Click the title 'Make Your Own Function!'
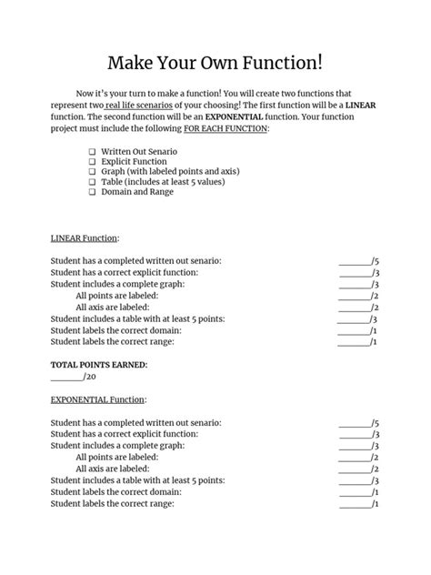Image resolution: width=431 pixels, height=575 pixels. [x=215, y=63]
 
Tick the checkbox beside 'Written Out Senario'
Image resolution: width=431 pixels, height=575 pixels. [x=92, y=150]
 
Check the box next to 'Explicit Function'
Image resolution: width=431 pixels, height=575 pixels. [x=92, y=161]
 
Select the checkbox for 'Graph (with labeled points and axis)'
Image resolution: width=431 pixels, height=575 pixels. [x=92, y=171]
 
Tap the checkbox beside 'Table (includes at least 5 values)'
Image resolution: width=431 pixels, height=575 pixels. [x=92, y=182]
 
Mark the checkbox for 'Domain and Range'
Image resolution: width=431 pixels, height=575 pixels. [x=92, y=193]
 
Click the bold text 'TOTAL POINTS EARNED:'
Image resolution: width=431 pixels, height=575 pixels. [x=99, y=365]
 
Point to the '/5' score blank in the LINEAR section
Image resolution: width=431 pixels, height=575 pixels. [x=358, y=261]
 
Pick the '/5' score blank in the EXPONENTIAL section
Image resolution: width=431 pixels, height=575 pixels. [x=358, y=423]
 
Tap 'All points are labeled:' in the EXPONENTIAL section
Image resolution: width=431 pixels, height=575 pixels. [x=117, y=458]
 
